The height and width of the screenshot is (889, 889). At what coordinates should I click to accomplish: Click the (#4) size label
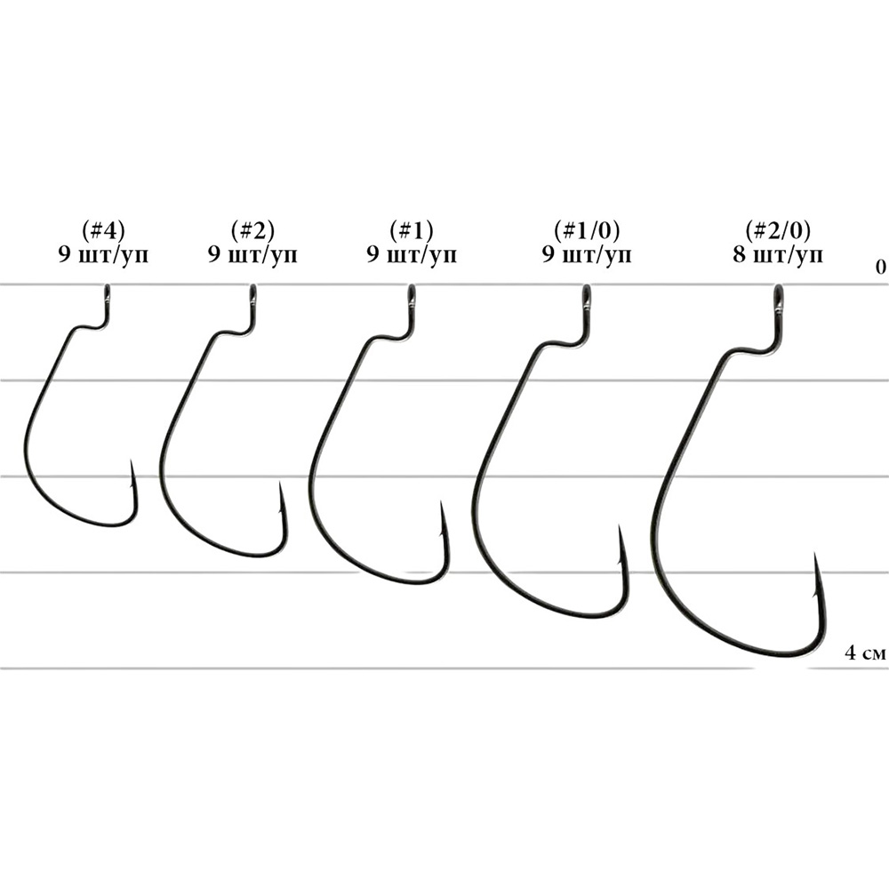click(103, 230)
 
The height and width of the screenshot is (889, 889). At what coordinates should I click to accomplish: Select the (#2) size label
click(252, 230)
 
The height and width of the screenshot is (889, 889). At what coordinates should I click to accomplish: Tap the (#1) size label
click(411, 230)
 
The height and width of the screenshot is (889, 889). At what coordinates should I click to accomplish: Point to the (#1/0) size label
click(587, 230)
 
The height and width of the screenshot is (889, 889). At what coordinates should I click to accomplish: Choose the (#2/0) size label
click(778, 230)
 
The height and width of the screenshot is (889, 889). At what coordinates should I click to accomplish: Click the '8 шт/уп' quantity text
click(777, 254)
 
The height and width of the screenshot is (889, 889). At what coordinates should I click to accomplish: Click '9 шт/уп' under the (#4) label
click(103, 254)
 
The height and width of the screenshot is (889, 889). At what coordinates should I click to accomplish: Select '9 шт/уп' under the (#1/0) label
click(587, 254)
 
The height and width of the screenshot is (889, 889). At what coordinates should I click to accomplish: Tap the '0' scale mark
click(880, 267)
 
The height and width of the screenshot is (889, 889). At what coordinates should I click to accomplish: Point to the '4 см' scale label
click(865, 653)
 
